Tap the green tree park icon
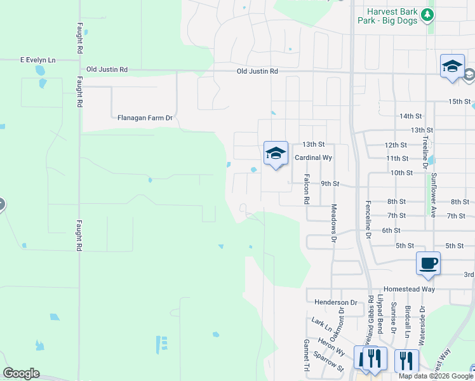[429, 14]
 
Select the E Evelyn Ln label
[38, 60]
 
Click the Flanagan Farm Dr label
[145, 118]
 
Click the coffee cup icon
[428, 263]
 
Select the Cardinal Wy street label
[313, 157]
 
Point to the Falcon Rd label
[307, 189]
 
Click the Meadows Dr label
[333, 224]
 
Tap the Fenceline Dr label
[368, 218]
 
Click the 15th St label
[460, 102]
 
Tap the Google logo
[21, 373]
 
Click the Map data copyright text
[436, 376]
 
